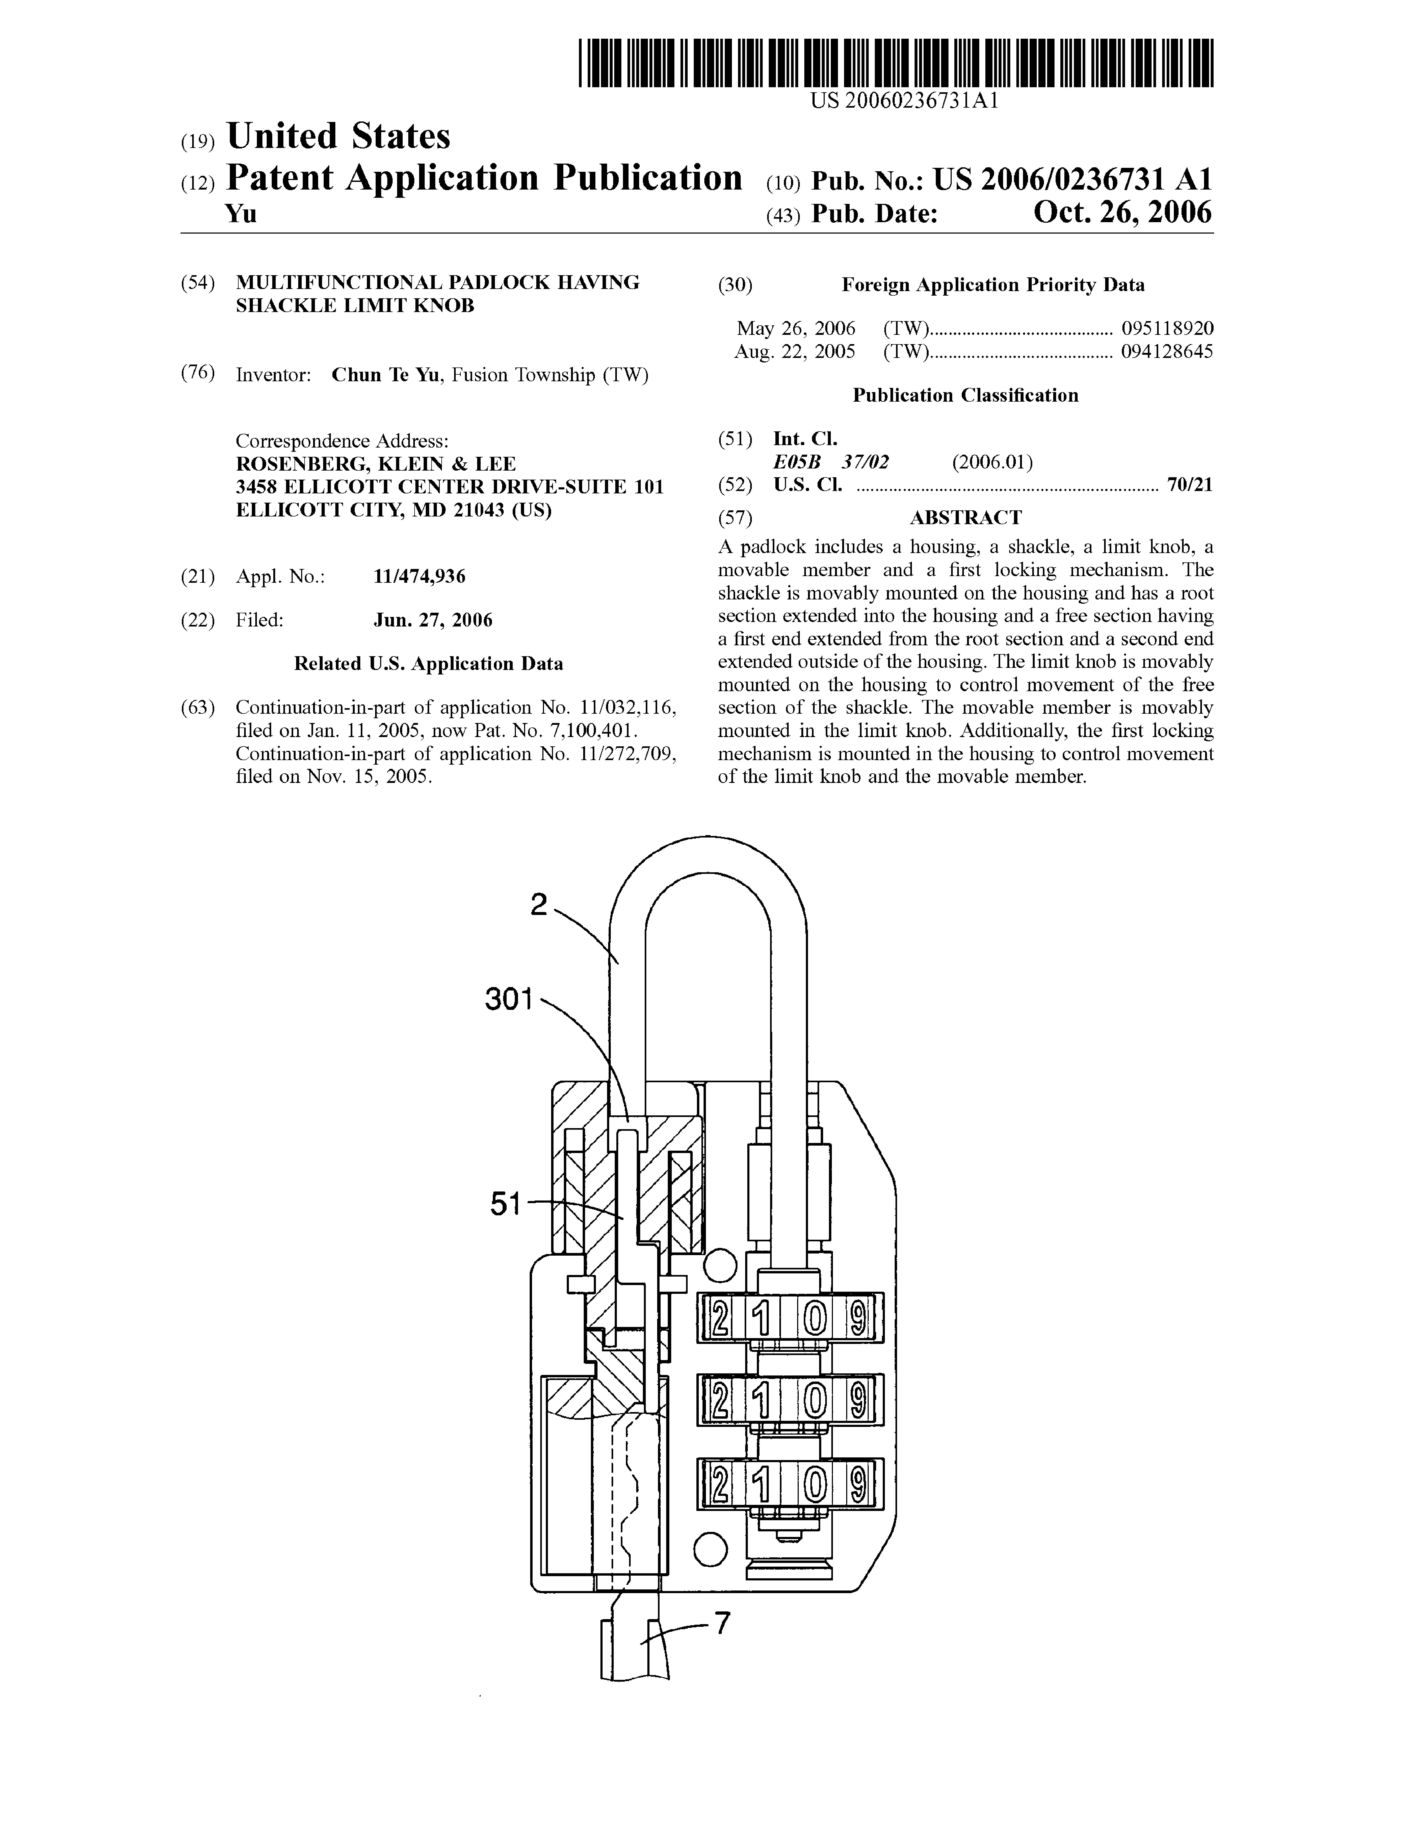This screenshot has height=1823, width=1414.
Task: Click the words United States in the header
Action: [338, 136]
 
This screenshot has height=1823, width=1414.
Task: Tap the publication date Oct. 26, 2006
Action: [1122, 213]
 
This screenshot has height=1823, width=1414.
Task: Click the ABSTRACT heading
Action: [965, 518]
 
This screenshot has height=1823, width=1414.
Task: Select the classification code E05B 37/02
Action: [831, 462]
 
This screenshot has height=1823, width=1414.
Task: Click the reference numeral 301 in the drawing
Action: [508, 999]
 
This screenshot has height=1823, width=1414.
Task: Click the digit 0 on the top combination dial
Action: [815, 1319]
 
